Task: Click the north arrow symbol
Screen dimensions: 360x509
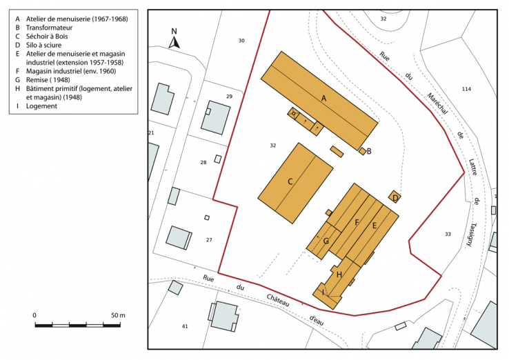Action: (x=174, y=40)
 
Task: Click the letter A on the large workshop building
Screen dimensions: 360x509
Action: (x=323, y=99)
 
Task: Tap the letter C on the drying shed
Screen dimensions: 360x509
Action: (x=290, y=181)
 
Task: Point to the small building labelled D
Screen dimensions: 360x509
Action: (x=395, y=198)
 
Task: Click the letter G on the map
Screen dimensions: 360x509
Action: (x=326, y=241)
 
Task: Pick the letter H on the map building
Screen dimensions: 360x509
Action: (x=339, y=274)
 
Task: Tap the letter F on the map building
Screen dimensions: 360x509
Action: (x=357, y=222)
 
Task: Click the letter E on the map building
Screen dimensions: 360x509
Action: (x=375, y=226)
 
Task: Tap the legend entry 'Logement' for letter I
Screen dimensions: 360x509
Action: (x=41, y=106)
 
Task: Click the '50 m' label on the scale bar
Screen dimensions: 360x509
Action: (x=117, y=314)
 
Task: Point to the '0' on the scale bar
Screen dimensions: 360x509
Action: (x=34, y=314)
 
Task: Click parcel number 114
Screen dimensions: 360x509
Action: (x=466, y=89)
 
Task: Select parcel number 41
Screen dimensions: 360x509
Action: (x=185, y=326)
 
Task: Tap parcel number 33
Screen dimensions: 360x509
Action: (x=448, y=234)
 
